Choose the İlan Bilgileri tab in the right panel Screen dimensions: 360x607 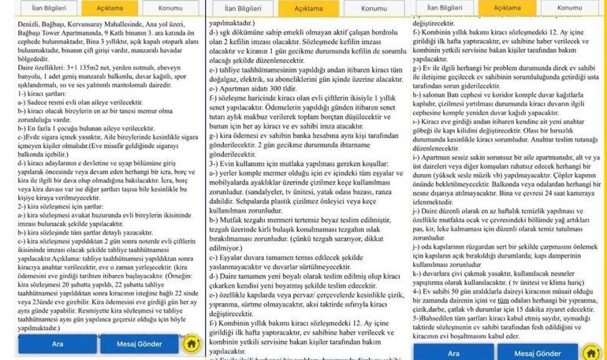coord(445,7)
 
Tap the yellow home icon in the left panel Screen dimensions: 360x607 coord(191,344)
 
